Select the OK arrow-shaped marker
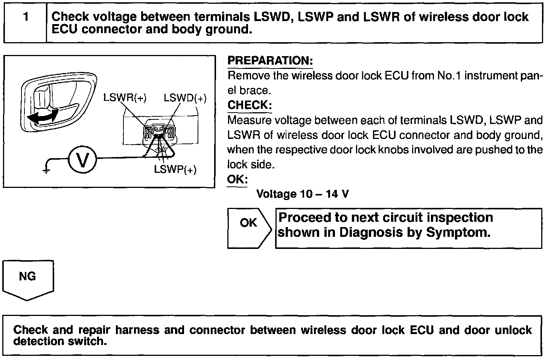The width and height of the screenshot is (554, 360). pyautogui.click(x=249, y=227)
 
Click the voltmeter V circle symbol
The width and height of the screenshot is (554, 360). pyautogui.click(x=82, y=160)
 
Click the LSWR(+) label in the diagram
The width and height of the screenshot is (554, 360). pyautogui.click(x=125, y=98)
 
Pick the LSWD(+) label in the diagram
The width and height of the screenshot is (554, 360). pyautogui.click(x=185, y=98)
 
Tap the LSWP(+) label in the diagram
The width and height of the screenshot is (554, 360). pyautogui.click(x=175, y=169)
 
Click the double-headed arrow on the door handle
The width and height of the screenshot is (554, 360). pyautogui.click(x=44, y=115)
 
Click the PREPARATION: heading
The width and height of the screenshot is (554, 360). pyautogui.click(x=270, y=61)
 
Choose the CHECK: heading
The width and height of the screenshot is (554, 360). pyautogui.click(x=250, y=105)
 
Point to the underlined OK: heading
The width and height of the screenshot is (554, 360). pyautogui.click(x=237, y=179)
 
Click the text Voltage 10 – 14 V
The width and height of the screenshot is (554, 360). pyautogui.click(x=302, y=194)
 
